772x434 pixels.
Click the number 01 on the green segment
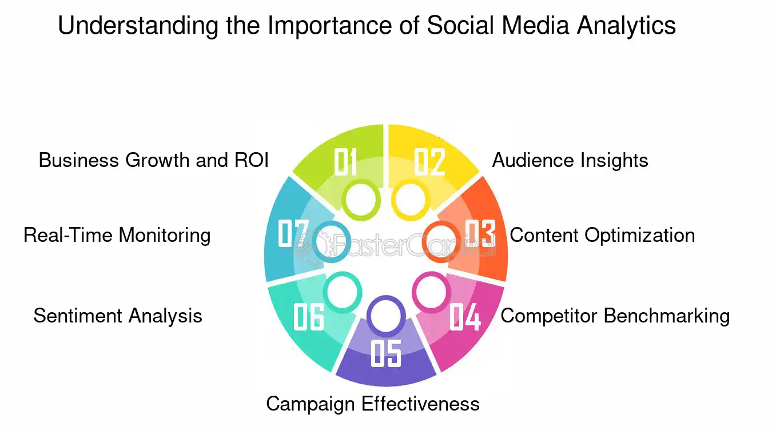[x=345, y=162]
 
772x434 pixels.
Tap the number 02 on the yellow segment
[x=430, y=162]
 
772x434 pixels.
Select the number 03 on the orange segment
[x=480, y=233]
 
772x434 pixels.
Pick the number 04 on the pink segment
[x=465, y=317]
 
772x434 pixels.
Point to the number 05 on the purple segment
[x=386, y=353]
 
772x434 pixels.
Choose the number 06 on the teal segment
[x=309, y=317]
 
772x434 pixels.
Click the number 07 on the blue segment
[x=293, y=233]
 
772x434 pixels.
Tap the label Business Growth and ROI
[x=153, y=160]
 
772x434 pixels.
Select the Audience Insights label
[x=570, y=161]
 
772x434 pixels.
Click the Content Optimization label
[x=602, y=236]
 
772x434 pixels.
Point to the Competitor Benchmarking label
[x=615, y=316]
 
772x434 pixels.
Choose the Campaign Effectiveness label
[x=373, y=404]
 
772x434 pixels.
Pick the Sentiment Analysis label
[x=118, y=316]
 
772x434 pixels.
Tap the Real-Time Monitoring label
[x=117, y=236]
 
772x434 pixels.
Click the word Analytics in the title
[x=627, y=26]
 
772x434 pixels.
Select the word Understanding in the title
[x=138, y=26]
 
